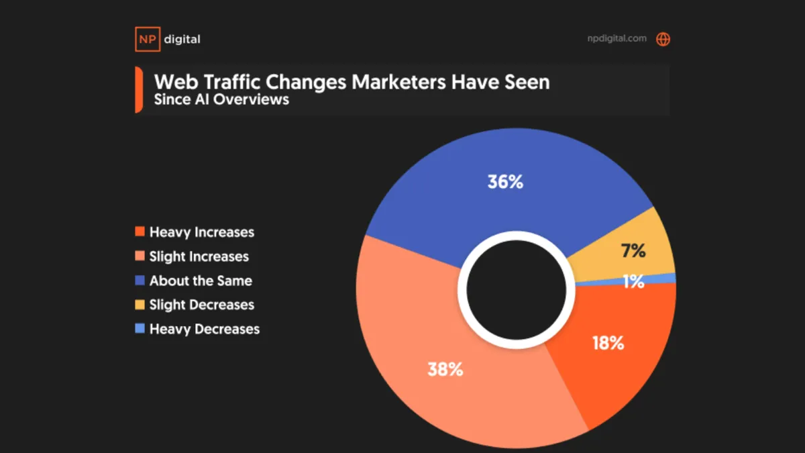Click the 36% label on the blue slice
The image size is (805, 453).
(506, 182)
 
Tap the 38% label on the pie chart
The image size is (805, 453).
(445, 368)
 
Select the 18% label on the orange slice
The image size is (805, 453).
(608, 344)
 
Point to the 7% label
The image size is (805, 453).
(633, 252)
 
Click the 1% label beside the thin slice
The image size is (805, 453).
(633, 283)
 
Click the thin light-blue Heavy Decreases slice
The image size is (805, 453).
(664, 279)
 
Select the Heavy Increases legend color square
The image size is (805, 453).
(140, 232)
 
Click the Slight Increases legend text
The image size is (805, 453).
(199, 256)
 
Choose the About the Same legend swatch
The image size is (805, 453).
(140, 281)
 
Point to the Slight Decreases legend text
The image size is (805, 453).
(201, 305)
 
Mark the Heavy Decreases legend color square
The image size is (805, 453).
(140, 329)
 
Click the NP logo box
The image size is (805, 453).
(146, 39)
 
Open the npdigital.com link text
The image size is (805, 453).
(615, 38)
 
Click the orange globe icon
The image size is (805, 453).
(663, 39)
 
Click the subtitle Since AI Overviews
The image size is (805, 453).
(221, 99)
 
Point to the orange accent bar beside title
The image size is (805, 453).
(138, 90)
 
